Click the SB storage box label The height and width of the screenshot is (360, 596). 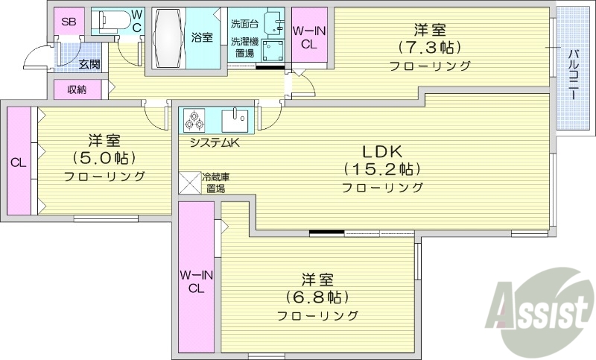(69, 22)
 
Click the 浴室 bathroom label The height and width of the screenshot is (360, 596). (200, 37)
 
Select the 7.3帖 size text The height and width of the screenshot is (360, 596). (430, 48)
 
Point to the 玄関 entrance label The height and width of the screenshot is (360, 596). (89, 65)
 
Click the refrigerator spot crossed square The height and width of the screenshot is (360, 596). (190, 183)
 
